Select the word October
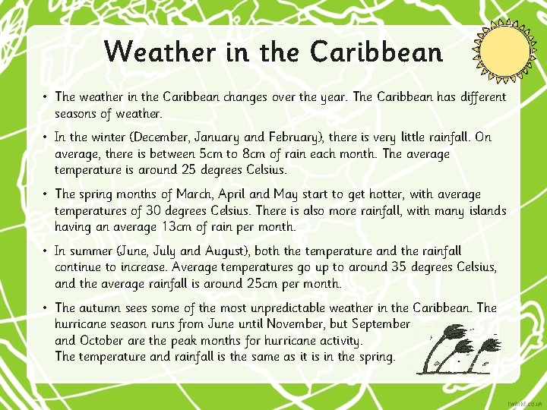pos(103,340)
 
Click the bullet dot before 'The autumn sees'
pos(46,307)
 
